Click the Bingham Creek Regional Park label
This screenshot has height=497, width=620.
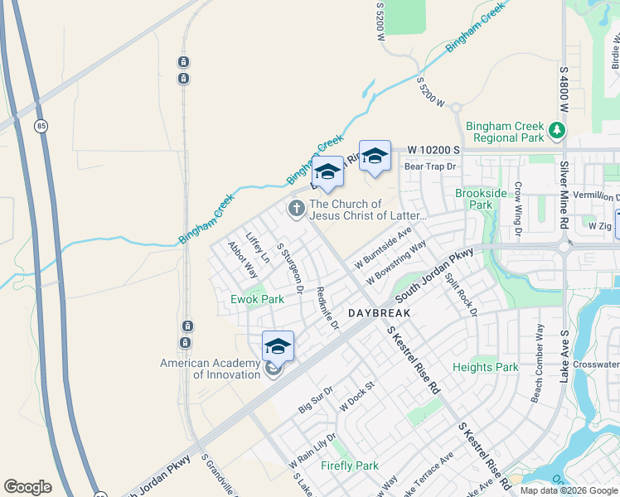coord(504,132)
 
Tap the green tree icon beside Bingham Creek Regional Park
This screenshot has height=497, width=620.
coord(558,130)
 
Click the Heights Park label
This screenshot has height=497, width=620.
coord(485,367)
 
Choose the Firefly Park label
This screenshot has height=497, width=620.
coord(350,466)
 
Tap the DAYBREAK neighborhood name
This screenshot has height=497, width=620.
coord(379,314)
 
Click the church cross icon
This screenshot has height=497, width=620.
coord(296,209)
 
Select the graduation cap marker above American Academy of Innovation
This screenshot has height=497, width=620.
coord(278,347)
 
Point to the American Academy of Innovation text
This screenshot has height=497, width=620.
coord(210,369)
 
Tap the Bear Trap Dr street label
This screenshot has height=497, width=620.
coord(430,166)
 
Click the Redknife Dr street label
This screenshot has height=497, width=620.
coord(328,309)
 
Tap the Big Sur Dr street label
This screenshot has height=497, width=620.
coord(316,398)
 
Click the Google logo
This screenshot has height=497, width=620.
coord(27,487)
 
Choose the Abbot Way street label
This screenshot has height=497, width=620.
coord(243,258)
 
